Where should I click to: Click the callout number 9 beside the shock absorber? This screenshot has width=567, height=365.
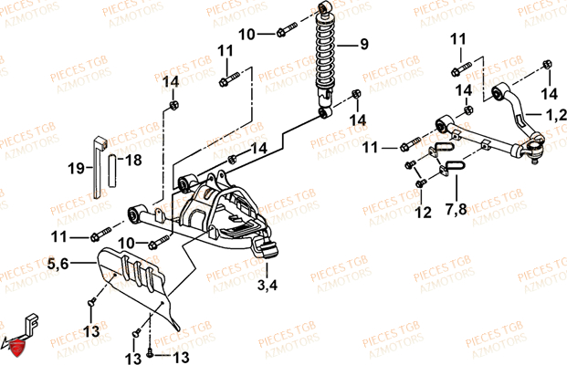point(363,44)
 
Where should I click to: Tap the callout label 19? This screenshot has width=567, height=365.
point(77,169)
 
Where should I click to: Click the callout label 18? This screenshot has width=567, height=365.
point(133,160)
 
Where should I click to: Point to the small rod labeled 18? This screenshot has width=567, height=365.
point(112,171)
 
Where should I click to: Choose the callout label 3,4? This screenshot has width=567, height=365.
point(268,285)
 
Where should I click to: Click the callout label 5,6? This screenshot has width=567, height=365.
point(58,264)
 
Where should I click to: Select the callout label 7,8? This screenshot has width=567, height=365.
point(456,209)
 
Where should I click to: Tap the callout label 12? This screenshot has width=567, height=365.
point(423,212)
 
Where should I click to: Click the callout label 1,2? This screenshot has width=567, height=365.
point(556,115)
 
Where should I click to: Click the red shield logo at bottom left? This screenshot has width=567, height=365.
point(16,349)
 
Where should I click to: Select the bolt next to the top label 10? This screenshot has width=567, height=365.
point(287,29)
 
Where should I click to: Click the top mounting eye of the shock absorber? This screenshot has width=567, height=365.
point(325,7)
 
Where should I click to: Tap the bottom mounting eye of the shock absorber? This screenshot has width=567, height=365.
point(325,112)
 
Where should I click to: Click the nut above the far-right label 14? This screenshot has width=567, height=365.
point(547,64)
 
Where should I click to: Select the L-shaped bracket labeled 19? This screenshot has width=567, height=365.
point(99,167)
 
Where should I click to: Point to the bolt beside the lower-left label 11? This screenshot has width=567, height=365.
point(100,234)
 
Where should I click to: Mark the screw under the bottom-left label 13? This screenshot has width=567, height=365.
point(92,302)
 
